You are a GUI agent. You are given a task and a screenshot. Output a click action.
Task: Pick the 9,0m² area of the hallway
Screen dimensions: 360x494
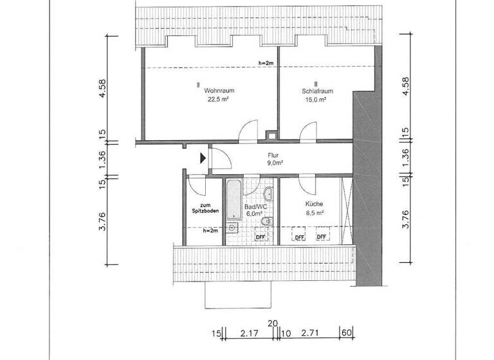pyautogui.click(x=275, y=163)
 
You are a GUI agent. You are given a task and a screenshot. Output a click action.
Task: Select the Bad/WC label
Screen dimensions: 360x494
pyautogui.click(x=255, y=206)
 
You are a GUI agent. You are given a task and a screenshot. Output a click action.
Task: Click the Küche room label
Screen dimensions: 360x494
pyautogui.click(x=314, y=204)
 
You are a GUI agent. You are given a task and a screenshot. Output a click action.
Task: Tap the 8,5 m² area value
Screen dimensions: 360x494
pyautogui.click(x=314, y=213)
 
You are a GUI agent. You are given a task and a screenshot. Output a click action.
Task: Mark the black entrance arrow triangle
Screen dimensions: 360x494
pyautogui.click(x=203, y=157)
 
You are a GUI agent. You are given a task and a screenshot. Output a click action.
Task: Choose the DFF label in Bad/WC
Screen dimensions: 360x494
pyautogui.click(x=261, y=237)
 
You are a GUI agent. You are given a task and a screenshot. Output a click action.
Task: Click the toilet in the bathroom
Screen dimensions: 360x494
pyautogui.click(x=269, y=222)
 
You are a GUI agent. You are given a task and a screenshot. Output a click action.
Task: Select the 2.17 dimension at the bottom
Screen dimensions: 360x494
pyautogui.click(x=248, y=334)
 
